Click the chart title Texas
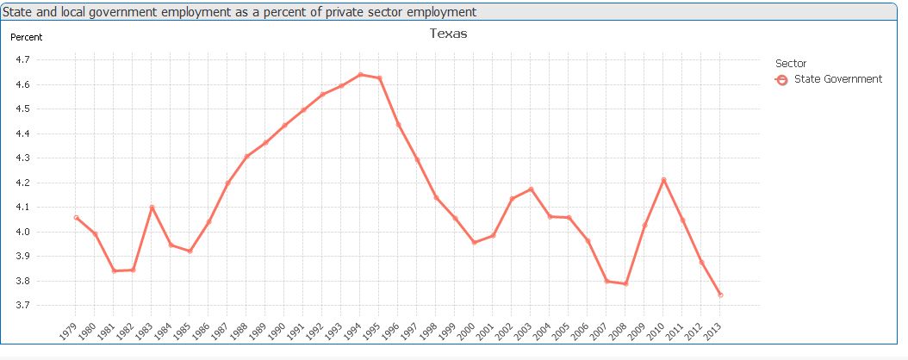coord(448,34)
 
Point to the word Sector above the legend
coord(791,63)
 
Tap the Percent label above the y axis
coord(26,37)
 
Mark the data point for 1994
coord(360,75)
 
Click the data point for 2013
coord(720,295)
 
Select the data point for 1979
coord(76,218)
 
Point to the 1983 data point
coord(152,207)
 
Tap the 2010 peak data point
coord(663,179)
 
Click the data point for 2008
coord(625,284)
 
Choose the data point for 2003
coord(531,189)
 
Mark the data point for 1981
coord(114,271)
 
